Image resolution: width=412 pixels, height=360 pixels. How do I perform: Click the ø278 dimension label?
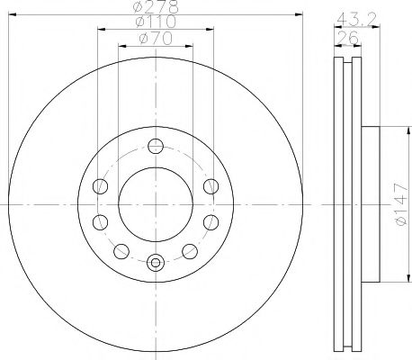155,9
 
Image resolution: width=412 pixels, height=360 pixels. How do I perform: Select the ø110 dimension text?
155,23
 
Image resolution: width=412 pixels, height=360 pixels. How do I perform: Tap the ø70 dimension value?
155,38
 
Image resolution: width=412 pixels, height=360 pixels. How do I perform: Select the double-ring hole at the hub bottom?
155,264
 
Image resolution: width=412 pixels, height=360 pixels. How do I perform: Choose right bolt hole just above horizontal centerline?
211,186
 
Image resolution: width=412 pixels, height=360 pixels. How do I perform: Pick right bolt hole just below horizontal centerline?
211,221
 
